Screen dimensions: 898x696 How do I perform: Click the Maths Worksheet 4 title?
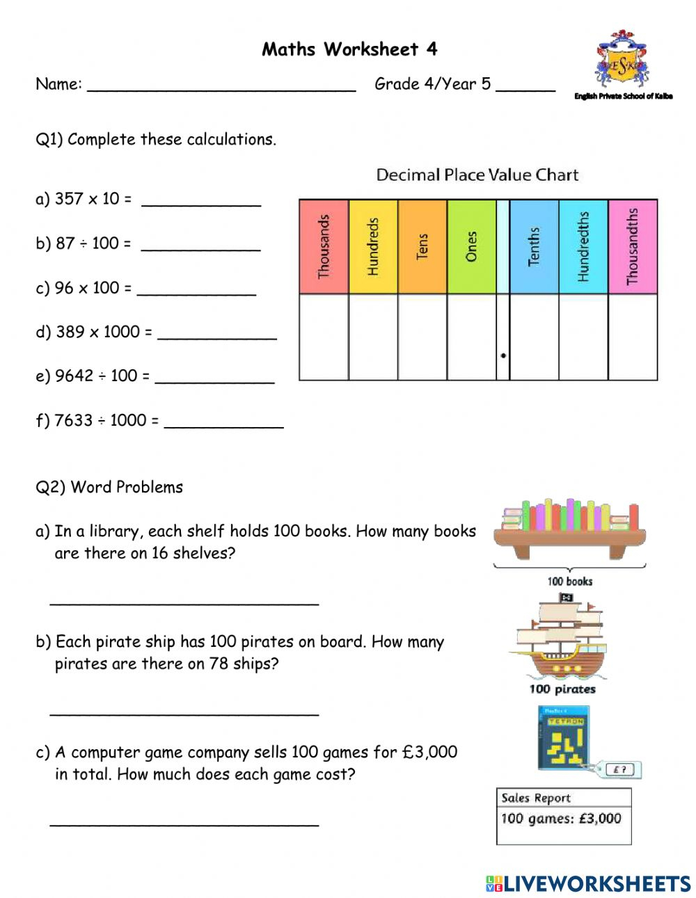pos(349,49)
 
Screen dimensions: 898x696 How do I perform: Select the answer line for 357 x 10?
pos(201,201)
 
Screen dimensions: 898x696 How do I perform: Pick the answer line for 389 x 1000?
pos(217,334)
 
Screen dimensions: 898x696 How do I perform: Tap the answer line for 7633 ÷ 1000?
pos(223,422)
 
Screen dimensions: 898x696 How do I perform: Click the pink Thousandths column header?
pos(633,247)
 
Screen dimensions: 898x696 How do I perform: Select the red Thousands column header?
pos(324,247)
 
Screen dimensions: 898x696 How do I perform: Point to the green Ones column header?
pos(471,247)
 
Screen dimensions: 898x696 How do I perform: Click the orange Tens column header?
pos(422,247)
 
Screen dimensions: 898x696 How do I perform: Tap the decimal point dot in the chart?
pos(503,355)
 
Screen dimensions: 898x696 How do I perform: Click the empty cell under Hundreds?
pos(373,337)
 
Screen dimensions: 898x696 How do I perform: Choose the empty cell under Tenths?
pos(534,337)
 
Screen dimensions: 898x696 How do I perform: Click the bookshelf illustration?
pos(569,529)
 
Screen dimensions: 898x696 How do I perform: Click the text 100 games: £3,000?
pos(561,819)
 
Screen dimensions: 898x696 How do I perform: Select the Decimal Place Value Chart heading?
pos(477,175)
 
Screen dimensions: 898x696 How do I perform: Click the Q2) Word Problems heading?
pos(109,487)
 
